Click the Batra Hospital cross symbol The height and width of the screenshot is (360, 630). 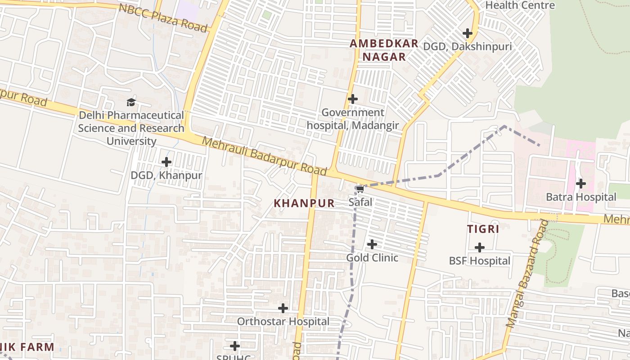581,184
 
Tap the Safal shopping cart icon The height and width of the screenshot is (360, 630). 360,189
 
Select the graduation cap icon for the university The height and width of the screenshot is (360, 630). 131,102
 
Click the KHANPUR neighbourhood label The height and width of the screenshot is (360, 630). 304,203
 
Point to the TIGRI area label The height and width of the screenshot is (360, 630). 483,229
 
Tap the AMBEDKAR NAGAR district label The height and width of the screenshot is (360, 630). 384,50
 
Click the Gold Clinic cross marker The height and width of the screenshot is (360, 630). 372,244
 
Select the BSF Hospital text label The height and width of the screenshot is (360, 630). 480,261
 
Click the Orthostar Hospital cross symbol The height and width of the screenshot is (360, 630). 283,308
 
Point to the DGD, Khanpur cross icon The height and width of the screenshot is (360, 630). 166,162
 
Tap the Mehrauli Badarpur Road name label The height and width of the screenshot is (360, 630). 264,156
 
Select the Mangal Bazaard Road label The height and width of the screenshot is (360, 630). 525,274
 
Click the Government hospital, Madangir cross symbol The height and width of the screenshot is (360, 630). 353,99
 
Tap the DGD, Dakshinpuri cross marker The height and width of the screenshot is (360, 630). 468,33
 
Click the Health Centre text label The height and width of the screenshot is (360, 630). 520,5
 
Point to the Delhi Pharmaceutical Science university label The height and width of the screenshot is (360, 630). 131,128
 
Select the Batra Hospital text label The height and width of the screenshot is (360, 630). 581,197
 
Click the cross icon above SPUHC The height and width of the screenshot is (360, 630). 235,346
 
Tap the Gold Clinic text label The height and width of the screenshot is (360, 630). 372,258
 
